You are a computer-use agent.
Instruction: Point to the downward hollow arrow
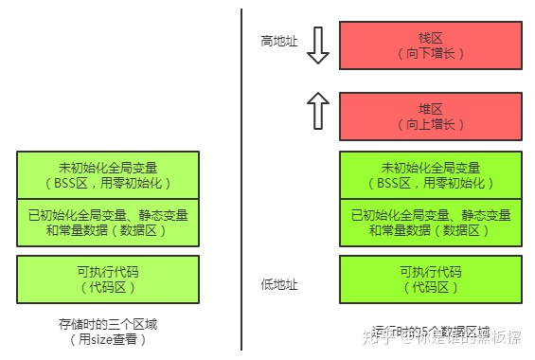(318, 45)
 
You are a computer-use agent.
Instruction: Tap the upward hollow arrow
(318, 110)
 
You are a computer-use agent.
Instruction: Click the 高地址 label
(279, 42)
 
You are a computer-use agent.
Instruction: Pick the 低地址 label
(279, 284)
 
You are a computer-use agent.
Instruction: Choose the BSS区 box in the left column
(109, 174)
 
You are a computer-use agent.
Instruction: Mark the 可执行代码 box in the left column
(109, 279)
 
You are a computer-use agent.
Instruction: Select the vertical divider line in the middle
(241, 180)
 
